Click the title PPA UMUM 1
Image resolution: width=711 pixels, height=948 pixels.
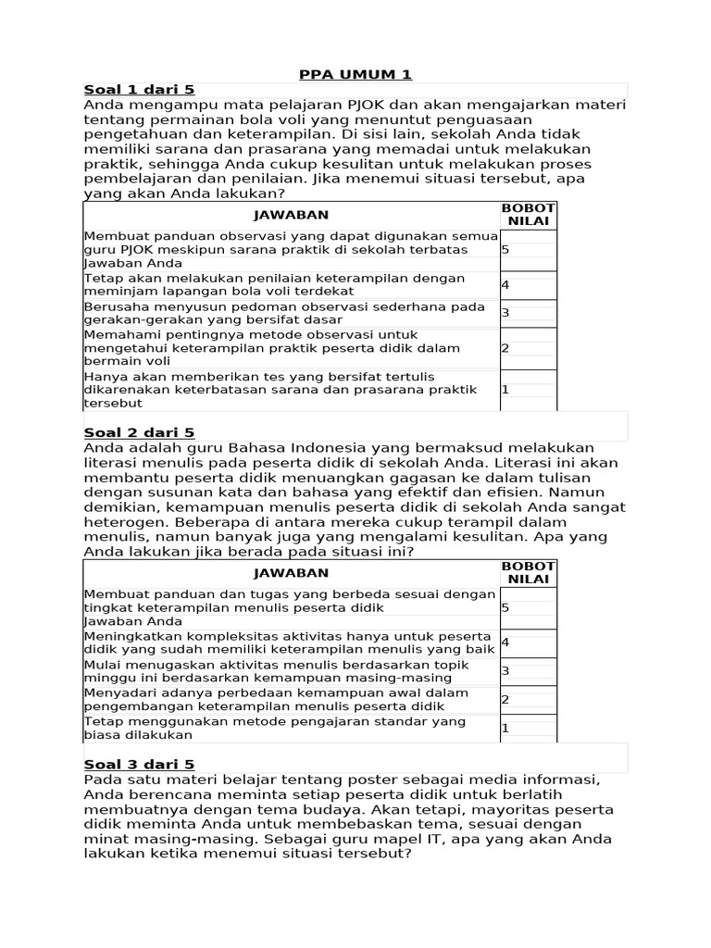click(x=355, y=74)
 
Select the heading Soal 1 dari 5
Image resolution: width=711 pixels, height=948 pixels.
click(x=139, y=90)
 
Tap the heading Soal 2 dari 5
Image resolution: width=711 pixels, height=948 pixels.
click(x=139, y=432)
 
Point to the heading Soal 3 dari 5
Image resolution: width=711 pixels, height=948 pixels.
click(x=139, y=764)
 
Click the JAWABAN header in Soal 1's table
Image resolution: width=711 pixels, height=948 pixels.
click(x=292, y=215)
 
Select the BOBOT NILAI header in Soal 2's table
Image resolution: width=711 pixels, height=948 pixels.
click(x=529, y=572)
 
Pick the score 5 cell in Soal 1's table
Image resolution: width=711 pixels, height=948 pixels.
click(x=528, y=250)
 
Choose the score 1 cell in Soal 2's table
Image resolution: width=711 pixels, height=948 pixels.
click(x=528, y=729)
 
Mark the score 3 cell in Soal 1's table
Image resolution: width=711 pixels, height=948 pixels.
click(x=528, y=313)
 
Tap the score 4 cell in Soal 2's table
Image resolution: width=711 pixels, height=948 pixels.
click(x=528, y=642)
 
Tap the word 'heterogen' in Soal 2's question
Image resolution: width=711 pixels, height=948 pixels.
click(x=122, y=522)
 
